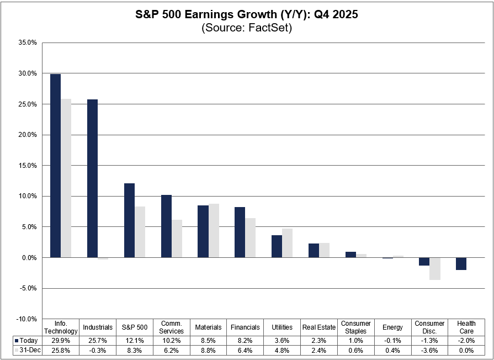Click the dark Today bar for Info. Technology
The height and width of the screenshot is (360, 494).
click(55, 166)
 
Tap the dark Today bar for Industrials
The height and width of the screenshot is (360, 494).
click(92, 178)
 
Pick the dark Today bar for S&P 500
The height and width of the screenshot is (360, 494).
click(129, 220)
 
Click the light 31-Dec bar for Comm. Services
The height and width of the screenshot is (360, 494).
click(177, 239)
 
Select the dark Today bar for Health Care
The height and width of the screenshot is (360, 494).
click(461, 263)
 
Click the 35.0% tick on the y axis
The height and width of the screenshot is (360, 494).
click(27, 43)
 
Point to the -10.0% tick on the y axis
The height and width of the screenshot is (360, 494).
click(26, 319)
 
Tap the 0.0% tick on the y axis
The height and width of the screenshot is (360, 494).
click(29, 257)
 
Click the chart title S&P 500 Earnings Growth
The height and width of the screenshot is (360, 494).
click(247, 15)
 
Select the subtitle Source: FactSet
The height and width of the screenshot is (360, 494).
click(247, 28)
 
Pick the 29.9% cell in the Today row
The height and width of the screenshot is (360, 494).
click(61, 340)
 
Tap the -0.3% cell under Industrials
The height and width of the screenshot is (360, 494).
click(98, 351)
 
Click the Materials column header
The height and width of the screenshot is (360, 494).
click(208, 327)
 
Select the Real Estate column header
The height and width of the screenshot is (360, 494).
click(319, 327)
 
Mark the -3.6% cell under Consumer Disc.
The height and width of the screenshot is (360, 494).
click(430, 351)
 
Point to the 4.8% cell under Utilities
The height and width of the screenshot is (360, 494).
click(282, 351)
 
